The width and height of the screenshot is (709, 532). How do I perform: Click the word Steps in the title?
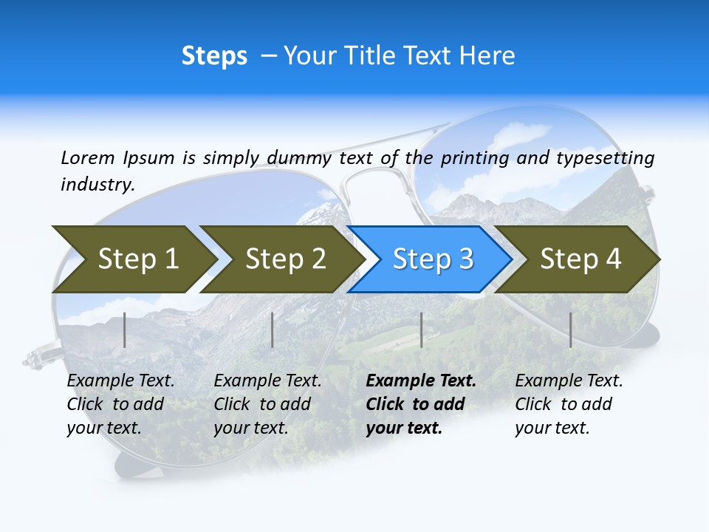click(214, 56)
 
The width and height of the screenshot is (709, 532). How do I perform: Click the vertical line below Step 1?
click(125, 330)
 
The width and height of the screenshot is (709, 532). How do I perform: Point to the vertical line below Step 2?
click(273, 330)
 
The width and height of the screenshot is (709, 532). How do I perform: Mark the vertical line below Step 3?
click(421, 330)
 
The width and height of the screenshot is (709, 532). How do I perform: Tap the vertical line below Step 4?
click(571, 330)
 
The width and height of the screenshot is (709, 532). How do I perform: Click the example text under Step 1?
click(120, 404)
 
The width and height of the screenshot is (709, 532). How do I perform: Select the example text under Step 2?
click(267, 404)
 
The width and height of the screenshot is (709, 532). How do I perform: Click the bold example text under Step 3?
click(420, 404)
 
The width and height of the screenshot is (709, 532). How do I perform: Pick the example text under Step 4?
click(569, 404)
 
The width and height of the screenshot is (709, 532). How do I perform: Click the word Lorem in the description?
click(87, 157)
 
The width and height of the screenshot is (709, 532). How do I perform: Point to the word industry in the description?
click(97, 185)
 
